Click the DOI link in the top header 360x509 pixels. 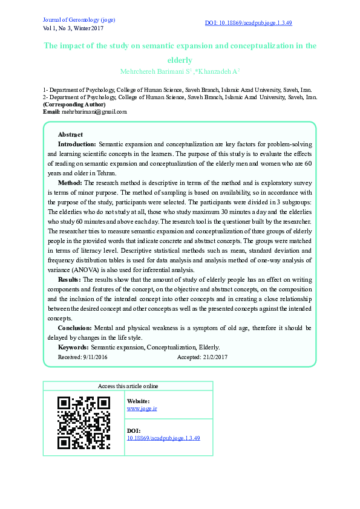[249, 23]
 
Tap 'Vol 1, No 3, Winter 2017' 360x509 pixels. [73, 28]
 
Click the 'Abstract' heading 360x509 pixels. [70, 134]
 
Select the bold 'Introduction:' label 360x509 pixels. [77, 144]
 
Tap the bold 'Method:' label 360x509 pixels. [70, 182]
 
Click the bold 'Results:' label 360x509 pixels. [70, 280]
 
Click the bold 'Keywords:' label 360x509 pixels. [73, 347]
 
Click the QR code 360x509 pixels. [83, 423]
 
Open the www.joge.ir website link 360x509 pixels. [142, 409]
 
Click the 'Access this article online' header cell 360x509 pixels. [128, 386]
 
